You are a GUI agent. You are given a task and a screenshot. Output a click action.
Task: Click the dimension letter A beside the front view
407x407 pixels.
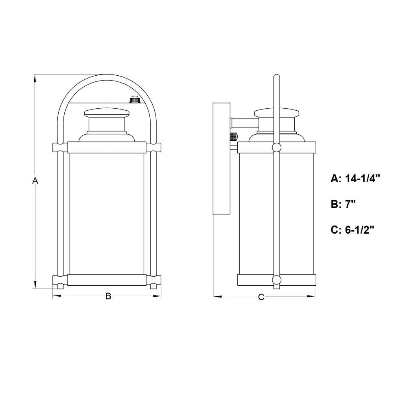tap(35, 180)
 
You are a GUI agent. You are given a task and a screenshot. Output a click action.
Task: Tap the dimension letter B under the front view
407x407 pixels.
tap(108, 296)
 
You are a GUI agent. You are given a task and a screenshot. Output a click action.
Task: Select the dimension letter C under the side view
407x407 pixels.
tap(261, 297)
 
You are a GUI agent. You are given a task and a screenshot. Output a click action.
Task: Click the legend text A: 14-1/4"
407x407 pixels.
tap(355, 179)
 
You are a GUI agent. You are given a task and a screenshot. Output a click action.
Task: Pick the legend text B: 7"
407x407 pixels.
tap(343, 204)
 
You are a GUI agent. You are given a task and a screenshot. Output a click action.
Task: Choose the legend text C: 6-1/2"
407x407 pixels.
tap(352, 230)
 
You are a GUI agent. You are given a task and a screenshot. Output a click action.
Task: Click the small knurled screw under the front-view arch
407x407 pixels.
tap(134, 99)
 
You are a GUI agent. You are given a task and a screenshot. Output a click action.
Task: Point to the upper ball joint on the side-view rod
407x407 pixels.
tap(276, 147)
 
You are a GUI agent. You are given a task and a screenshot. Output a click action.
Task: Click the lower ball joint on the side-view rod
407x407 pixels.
tap(276, 280)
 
